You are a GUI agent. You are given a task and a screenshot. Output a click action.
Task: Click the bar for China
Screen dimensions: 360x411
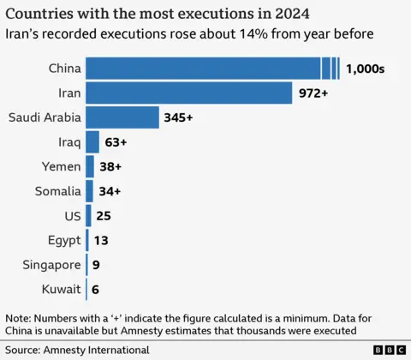click(205, 69)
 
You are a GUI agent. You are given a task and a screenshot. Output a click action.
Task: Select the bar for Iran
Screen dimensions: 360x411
click(189, 93)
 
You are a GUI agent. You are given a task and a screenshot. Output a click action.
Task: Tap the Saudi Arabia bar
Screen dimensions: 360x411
click(122, 117)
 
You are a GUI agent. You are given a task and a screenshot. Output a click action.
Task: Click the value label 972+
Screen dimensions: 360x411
click(313, 93)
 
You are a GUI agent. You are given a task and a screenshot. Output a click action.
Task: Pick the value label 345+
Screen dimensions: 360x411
click(180, 117)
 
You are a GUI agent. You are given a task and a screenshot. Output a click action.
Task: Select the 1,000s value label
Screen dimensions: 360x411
click(366, 69)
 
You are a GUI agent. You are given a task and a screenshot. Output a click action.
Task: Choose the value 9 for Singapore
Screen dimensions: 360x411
click(96, 265)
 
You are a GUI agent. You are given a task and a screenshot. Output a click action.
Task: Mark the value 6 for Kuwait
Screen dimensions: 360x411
click(95, 290)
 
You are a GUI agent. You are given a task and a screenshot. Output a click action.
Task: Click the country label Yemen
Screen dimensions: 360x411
click(61, 166)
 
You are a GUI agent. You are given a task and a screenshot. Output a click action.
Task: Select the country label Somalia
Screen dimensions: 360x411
click(57, 191)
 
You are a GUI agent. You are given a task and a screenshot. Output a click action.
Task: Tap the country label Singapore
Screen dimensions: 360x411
click(51, 265)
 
